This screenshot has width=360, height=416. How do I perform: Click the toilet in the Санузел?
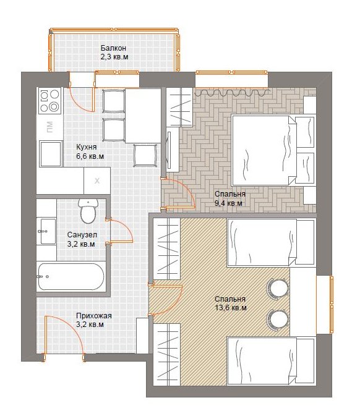click(x=88, y=211)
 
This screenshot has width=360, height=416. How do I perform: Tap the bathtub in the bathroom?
click(x=71, y=276)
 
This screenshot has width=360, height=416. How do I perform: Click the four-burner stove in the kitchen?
click(x=49, y=101)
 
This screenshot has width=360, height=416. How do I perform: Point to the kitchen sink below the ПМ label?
click(x=51, y=154)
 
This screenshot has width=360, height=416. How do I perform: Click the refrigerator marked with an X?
click(x=97, y=180)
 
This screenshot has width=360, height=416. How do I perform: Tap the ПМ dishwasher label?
click(x=49, y=127)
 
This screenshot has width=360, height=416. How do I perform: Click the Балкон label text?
click(x=113, y=48)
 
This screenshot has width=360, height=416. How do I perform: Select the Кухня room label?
click(x=87, y=147)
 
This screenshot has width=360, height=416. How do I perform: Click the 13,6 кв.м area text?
click(x=231, y=308)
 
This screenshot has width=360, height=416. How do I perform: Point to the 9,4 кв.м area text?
click(x=228, y=203)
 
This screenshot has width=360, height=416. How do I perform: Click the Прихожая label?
click(x=94, y=316)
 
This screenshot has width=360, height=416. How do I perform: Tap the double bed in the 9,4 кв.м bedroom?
click(x=265, y=150)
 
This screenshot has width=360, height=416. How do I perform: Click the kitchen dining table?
click(x=143, y=116)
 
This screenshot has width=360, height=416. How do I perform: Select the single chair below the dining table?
click(x=145, y=155)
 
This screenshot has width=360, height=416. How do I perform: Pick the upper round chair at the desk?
click(x=278, y=288)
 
